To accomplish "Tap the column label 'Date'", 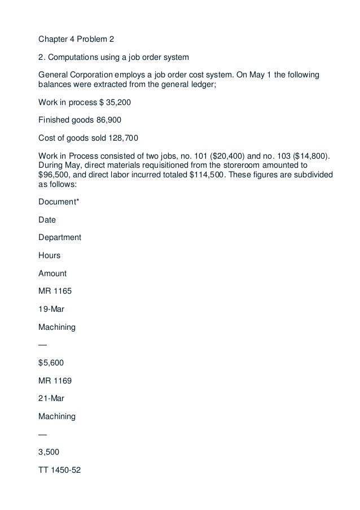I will pyautogui.click(x=47, y=219).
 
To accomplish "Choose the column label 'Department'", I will pyautogui.click(x=59, y=237).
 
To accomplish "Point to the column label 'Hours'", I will pyautogui.click(x=49, y=255).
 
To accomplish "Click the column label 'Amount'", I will pyautogui.click(x=52, y=273).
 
